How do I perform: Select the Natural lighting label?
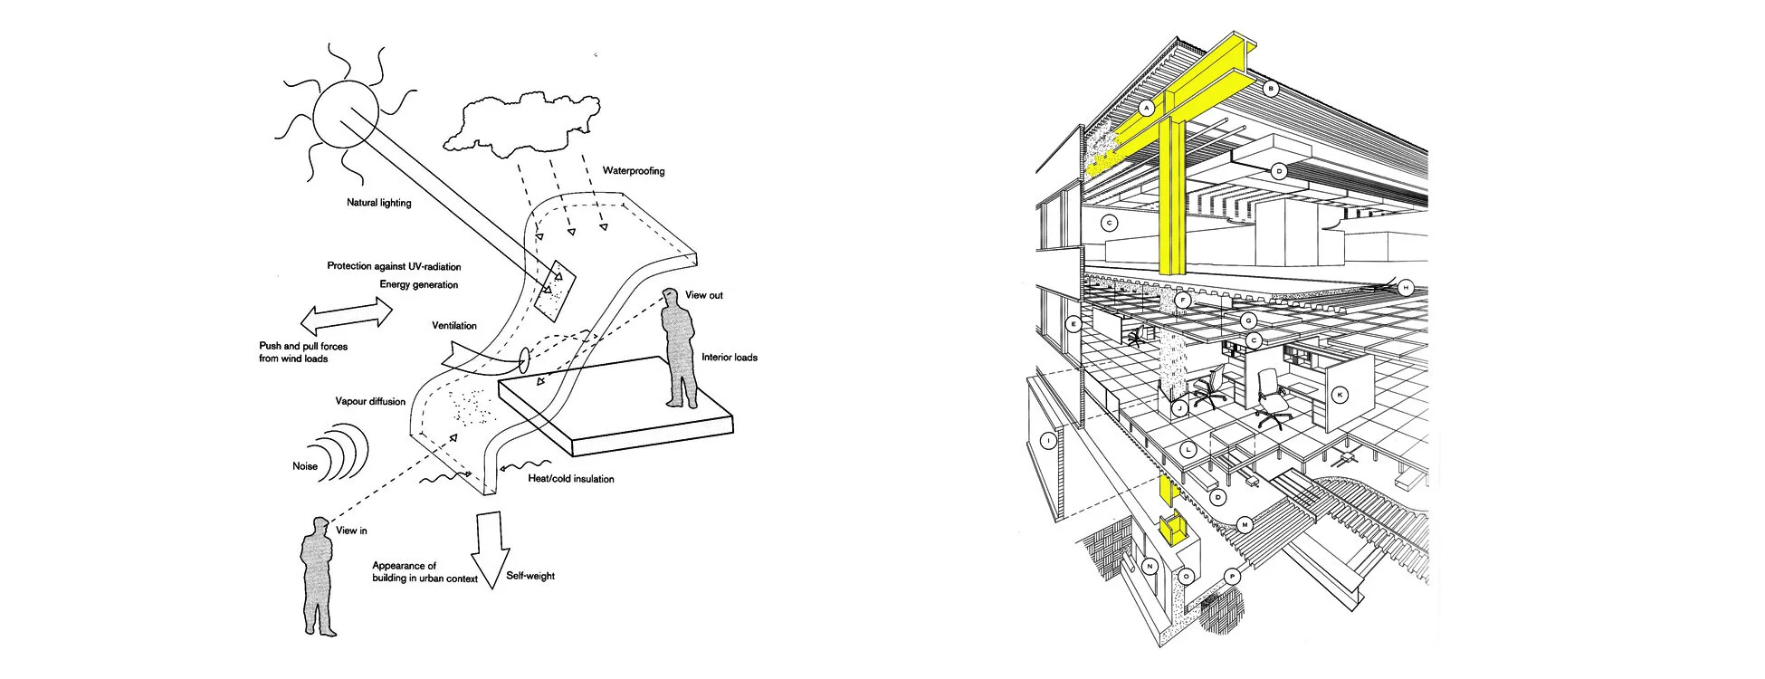pyautogui.click(x=378, y=203)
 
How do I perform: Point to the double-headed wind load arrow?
pyautogui.click(x=346, y=316)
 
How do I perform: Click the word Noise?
pyautogui.click(x=305, y=466)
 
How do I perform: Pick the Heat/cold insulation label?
pyautogui.click(x=570, y=478)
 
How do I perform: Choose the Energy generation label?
pyautogui.click(x=419, y=284)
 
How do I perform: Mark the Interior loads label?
pyautogui.click(x=730, y=358)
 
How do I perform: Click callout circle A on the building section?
pyautogui.click(x=1146, y=108)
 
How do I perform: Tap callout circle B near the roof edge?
pyautogui.click(x=1271, y=89)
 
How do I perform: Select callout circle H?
pyautogui.click(x=1406, y=288)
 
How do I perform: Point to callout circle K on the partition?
pyautogui.click(x=1340, y=395)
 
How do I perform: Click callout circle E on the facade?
pyautogui.click(x=1073, y=323)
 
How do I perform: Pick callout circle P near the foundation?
pyautogui.click(x=1232, y=576)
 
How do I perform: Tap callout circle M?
pyautogui.click(x=1245, y=525)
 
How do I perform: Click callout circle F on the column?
pyautogui.click(x=1182, y=298)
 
